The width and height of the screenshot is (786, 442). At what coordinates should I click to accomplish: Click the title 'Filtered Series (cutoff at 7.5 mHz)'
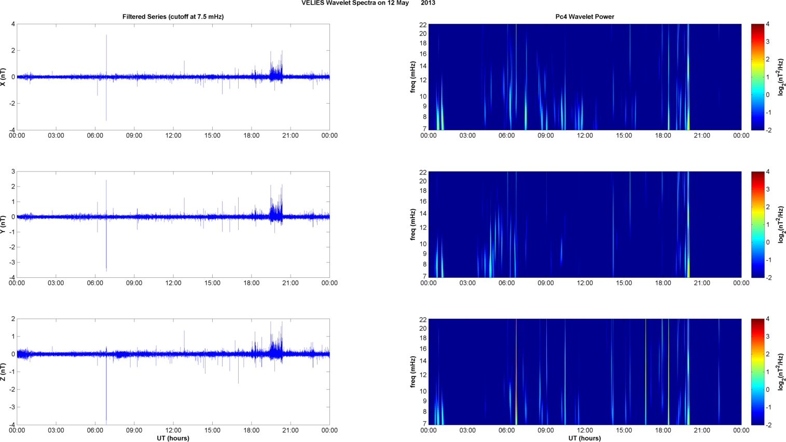[173, 17]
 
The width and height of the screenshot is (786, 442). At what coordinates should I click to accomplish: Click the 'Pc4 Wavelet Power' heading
[585, 17]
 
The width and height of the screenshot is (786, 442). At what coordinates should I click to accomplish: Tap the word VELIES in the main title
[312, 3]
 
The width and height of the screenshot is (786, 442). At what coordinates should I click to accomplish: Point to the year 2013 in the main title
[428, 3]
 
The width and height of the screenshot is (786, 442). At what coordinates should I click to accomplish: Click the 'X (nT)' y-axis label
[4, 77]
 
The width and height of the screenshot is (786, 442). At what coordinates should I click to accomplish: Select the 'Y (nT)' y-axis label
[4, 224]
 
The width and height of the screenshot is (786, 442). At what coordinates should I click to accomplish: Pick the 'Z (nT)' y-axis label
[4, 372]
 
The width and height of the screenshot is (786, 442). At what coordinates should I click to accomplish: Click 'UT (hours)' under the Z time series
[173, 438]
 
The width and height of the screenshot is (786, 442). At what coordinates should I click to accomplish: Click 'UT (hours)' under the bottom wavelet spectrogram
[585, 438]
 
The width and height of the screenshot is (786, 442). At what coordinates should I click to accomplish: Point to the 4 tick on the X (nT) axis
[13, 24]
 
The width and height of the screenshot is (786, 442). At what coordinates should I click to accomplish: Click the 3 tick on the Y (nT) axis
[13, 171]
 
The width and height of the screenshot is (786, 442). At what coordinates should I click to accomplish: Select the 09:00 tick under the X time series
[134, 136]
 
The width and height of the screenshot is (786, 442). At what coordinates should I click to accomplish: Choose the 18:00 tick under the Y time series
[252, 283]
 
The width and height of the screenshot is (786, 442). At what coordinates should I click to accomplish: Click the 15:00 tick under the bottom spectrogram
[624, 430]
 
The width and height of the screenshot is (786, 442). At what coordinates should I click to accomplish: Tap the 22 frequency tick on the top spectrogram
[423, 24]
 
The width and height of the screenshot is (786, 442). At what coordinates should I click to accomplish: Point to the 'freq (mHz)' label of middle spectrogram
[413, 224]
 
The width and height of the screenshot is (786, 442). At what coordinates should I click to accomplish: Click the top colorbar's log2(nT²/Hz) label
[781, 77]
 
